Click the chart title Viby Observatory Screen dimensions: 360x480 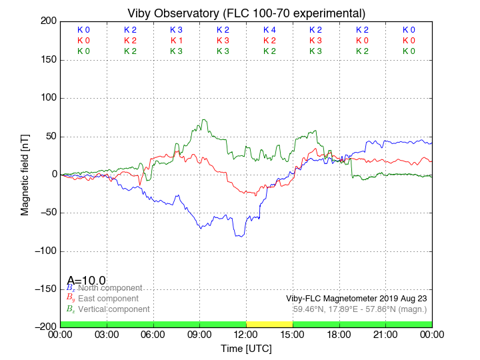point(246,13)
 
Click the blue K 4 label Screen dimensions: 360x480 point(269,30)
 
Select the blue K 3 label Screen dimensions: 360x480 point(176,30)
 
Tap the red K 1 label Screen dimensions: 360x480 point(176,41)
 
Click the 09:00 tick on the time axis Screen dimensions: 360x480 point(200,334)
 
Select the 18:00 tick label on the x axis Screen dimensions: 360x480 point(339,334)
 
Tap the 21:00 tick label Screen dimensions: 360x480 point(385,334)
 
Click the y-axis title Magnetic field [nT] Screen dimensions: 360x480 point(25,174)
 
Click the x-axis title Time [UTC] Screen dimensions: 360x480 point(246,348)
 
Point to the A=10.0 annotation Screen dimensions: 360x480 point(86,281)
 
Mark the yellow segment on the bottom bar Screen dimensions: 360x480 point(269,324)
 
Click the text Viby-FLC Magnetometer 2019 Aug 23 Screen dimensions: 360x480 point(356,299)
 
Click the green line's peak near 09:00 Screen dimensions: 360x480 point(203,120)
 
